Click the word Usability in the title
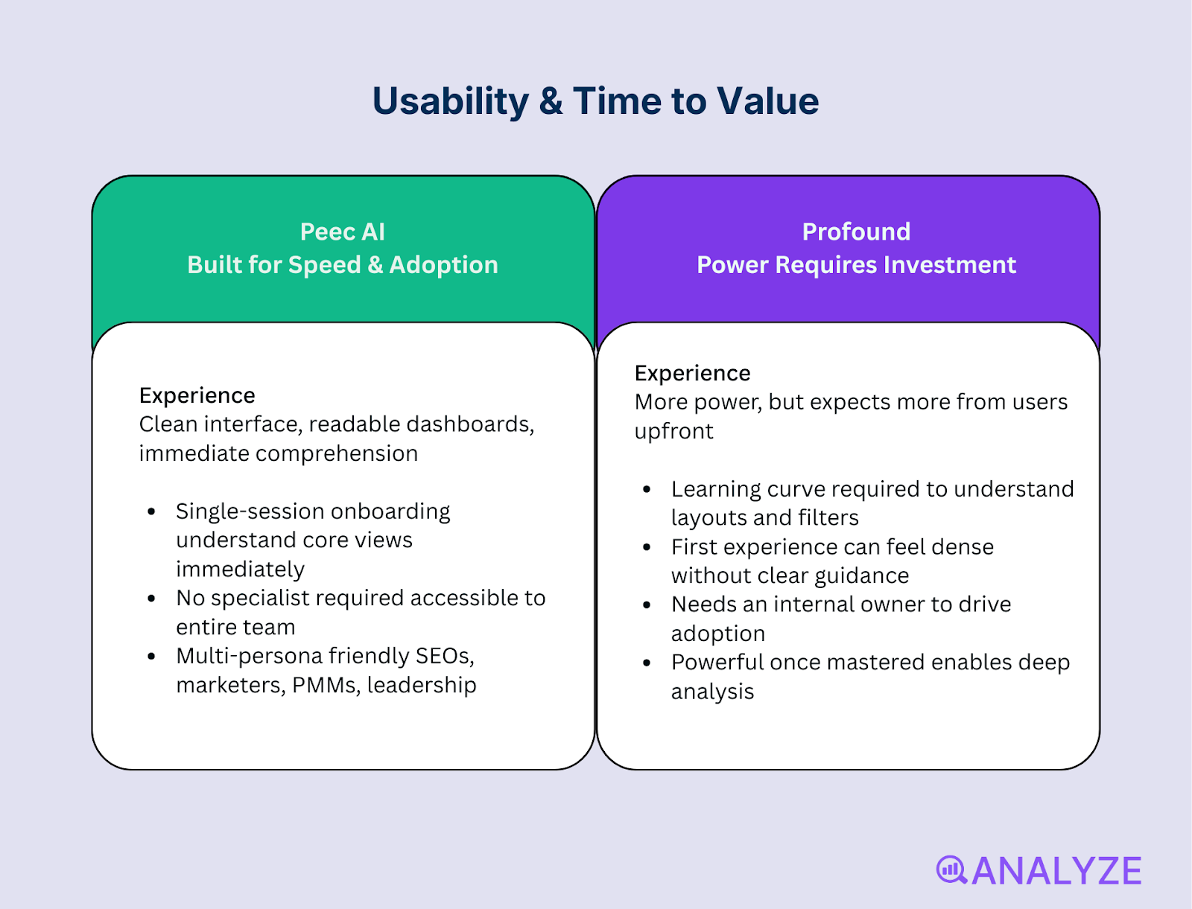pos(450,102)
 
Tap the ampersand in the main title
pos(551,101)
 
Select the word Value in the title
pos(767,101)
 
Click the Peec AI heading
pos(343,232)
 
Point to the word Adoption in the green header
pos(444,265)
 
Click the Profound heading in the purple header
pos(857,232)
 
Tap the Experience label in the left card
pos(197,395)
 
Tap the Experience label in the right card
pos(692,374)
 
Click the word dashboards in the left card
pos(470,424)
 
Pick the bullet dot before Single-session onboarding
pos(151,511)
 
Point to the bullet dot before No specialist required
pos(151,598)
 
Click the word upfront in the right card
pos(674,432)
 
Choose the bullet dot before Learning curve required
pos(646,489)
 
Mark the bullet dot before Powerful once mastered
pos(646,663)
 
